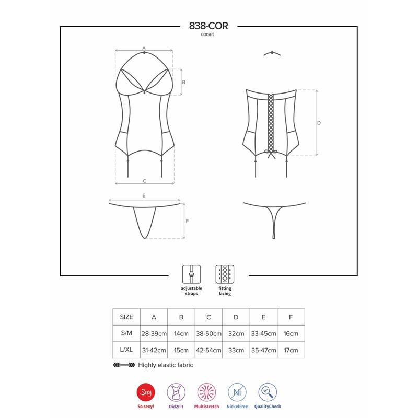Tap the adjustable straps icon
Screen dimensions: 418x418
tap(190, 274)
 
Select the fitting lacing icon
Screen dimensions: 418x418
tap(224, 274)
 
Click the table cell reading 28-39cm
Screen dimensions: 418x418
tap(154, 333)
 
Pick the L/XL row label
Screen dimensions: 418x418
tap(126, 350)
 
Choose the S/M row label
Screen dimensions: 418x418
tap(126, 333)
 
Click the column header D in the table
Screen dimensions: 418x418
tap(236, 317)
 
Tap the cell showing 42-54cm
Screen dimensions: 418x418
tap(208, 350)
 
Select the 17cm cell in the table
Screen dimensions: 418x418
tap(291, 350)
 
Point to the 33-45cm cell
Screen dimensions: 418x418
tap(263, 333)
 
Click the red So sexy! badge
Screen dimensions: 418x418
tap(144, 392)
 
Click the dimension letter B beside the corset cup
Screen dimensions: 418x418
tap(183, 82)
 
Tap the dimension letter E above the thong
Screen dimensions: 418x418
tap(143, 196)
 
